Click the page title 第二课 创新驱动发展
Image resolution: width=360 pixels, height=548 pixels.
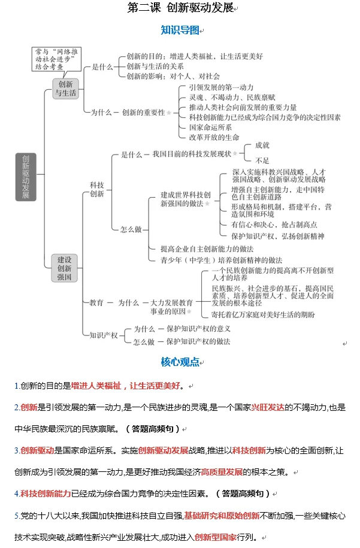point(179,8)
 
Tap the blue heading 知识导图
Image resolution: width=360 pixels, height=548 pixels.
point(179,29)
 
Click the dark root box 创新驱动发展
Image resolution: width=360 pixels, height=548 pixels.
point(26,176)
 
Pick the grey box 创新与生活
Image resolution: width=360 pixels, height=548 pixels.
point(65,89)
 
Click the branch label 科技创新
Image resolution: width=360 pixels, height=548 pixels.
point(96,189)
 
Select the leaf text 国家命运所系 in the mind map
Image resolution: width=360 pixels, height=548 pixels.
point(210,127)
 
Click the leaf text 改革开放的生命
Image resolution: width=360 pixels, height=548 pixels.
point(214,137)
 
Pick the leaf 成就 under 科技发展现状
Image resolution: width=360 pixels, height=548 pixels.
point(262,145)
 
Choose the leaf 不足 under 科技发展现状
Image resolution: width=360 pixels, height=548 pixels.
point(262,161)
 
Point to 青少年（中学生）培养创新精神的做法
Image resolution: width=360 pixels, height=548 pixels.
point(221,260)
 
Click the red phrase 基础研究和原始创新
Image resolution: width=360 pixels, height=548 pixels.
point(222,515)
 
